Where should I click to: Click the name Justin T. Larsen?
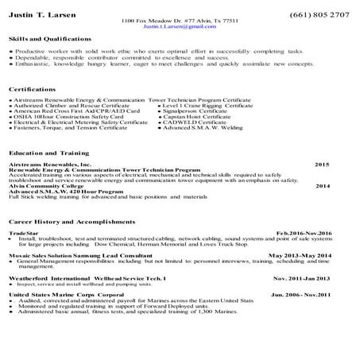(x=37, y=14)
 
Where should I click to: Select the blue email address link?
(x=180, y=26)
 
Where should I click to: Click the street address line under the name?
(x=180, y=21)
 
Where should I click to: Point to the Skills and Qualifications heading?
(x=49, y=38)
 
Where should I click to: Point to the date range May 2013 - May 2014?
(x=300, y=256)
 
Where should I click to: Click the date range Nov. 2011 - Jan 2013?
(x=301, y=278)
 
